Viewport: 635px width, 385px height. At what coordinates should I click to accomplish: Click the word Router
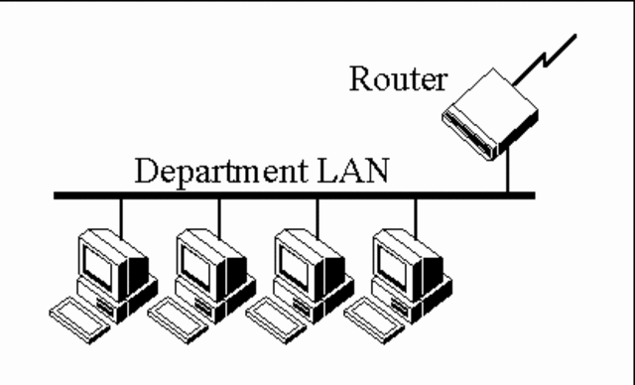398,79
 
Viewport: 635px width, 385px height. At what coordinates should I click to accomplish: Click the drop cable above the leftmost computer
122,213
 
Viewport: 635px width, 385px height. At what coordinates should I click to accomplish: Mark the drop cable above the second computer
219,213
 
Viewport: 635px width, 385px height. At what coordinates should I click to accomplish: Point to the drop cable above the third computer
317,213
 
